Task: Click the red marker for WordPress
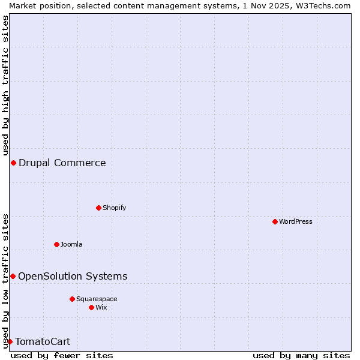[275, 221]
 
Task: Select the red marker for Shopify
[98, 208]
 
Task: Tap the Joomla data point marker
[56, 244]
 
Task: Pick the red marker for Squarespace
[72, 299]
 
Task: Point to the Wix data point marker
[91, 307]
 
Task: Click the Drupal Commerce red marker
[13, 163]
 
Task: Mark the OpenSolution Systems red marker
[13, 276]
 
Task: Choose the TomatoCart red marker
[10, 341]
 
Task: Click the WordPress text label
[296, 221]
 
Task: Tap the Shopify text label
[114, 208]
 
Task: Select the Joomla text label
[71, 244]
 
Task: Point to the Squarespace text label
[97, 299]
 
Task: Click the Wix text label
[101, 307]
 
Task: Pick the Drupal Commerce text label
[62, 163]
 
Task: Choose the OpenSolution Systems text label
[73, 276]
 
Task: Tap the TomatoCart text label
[43, 342]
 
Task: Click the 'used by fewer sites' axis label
[62, 355]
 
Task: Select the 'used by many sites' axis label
[301, 355]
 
